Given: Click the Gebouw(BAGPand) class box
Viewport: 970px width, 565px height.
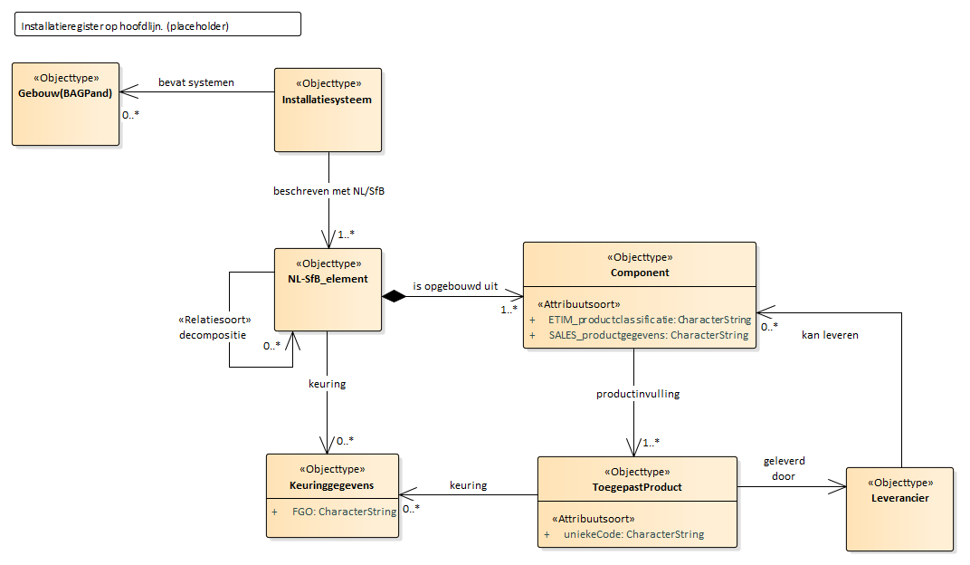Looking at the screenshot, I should coord(65,103).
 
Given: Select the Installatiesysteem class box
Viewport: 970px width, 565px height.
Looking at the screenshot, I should coord(328,110).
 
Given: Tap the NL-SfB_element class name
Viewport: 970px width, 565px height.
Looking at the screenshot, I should coord(328,279).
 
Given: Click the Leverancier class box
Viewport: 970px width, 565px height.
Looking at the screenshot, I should coord(899,508).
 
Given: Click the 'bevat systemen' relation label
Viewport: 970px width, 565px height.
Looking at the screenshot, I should coord(196,82).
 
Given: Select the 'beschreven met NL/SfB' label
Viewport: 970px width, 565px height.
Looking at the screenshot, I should coord(327,191).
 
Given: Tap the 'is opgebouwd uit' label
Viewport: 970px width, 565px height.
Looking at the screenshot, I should coord(456,285).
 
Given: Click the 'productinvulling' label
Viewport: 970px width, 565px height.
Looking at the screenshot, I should coord(638,394).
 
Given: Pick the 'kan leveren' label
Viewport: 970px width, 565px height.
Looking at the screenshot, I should coord(830,334).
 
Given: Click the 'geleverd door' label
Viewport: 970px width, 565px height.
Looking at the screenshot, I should coord(784,468).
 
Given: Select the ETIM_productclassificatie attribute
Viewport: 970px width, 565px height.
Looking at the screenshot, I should coord(649,320).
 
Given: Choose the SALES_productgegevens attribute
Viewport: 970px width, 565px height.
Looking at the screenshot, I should coord(648,335).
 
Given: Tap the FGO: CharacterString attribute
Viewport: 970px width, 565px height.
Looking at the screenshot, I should coord(344,512).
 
